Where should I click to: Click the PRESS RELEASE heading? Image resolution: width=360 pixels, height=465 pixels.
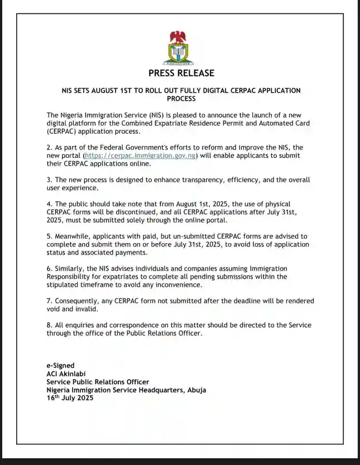pos(181,73)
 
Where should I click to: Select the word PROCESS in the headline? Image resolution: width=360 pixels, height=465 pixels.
pos(181,99)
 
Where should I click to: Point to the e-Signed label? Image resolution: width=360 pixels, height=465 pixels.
pos(60,366)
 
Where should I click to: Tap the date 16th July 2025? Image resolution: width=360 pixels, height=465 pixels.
pos(70,398)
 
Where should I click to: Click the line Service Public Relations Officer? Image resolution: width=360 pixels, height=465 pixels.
pos(97,382)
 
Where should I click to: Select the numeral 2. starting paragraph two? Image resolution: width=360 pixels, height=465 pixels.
pos(49,147)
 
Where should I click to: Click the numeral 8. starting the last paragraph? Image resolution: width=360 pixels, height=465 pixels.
pos(49,325)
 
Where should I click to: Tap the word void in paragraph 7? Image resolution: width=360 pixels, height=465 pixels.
pos(55,309)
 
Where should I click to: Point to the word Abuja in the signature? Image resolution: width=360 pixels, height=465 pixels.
pos(195,390)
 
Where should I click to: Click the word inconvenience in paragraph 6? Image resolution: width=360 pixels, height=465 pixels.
pos(175,285)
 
